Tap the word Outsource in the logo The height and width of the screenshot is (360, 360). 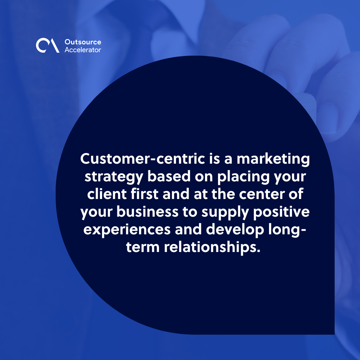[x=82, y=42]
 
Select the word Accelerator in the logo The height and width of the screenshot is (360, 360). [x=82, y=50]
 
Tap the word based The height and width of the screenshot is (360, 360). [x=169, y=177]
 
